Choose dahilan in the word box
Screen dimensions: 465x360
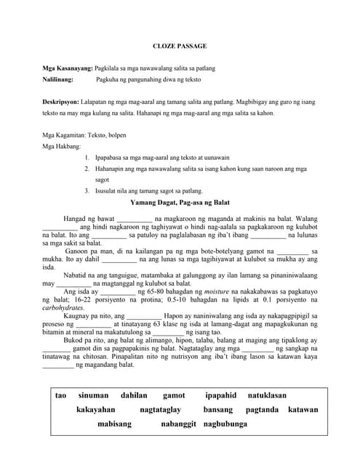point(134,395)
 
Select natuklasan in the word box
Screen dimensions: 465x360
point(267,395)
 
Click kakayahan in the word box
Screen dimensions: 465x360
point(97,410)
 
